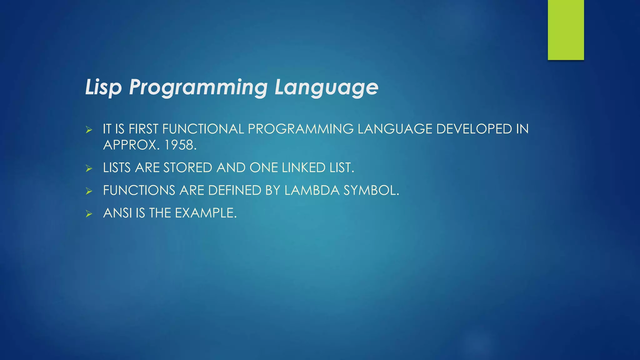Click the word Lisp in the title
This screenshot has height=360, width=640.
click(x=103, y=87)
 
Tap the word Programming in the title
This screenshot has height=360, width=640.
click(x=198, y=87)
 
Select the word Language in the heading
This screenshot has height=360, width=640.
click(x=326, y=87)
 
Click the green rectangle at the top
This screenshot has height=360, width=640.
click(x=566, y=30)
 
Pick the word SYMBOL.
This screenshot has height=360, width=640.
click(x=371, y=190)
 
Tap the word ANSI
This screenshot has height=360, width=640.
click(x=117, y=213)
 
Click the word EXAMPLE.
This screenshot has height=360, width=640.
click(x=205, y=213)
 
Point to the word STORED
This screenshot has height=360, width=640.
click(x=188, y=168)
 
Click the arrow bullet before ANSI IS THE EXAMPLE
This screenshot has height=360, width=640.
click(x=89, y=214)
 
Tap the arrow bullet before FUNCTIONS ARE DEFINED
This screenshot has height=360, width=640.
click(x=89, y=191)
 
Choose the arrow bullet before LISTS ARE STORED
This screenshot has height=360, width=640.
click(x=89, y=169)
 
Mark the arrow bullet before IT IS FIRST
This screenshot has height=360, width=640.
click(x=89, y=130)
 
